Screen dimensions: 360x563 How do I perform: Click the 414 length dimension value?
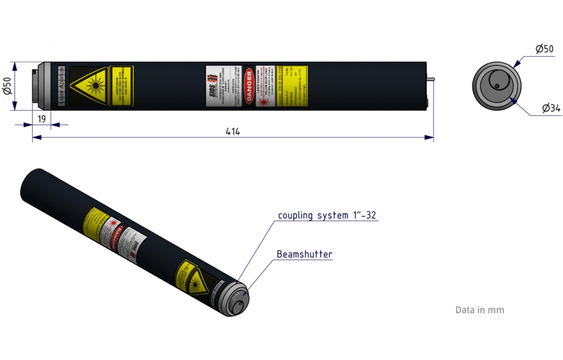coord(233,131)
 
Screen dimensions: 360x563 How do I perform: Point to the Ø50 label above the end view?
coord(544,49)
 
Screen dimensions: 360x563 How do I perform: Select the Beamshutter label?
coord(305,254)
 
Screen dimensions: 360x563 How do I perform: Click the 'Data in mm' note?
coord(479,310)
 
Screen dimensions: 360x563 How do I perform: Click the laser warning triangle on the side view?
coord(88,86)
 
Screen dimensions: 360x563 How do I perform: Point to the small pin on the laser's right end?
coord(432,80)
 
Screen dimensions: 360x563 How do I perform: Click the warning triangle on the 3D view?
coord(195,282)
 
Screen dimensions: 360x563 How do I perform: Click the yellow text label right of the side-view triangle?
coord(122,86)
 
